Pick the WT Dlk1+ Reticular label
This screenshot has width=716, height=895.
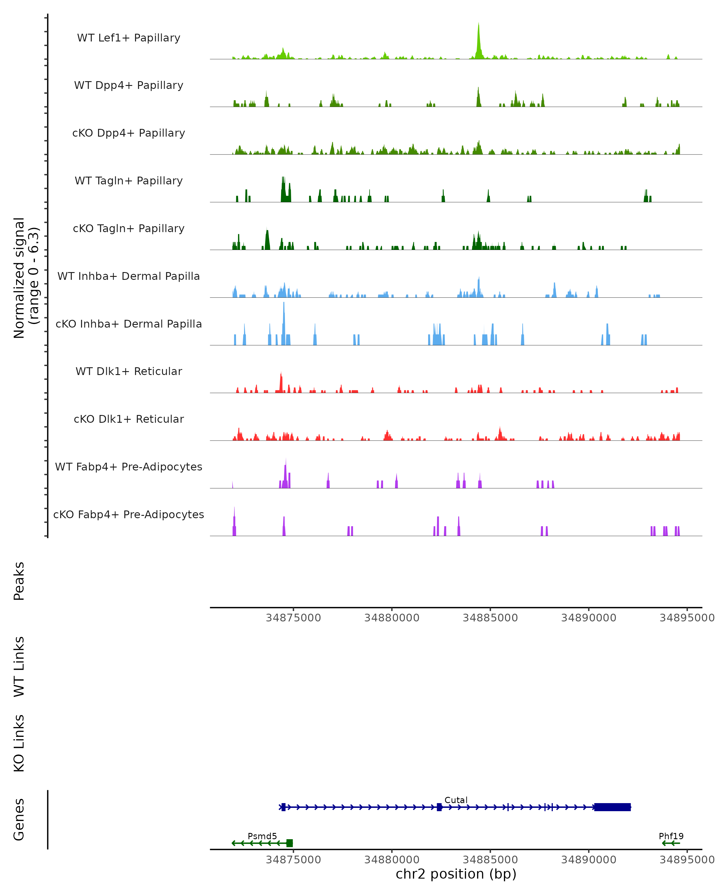point(129,371)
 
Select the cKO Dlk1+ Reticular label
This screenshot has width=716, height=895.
point(129,419)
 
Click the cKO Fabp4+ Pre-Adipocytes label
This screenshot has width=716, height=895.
point(129,515)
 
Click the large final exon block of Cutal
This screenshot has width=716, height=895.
point(612,807)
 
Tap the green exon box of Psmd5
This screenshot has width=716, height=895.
point(290,843)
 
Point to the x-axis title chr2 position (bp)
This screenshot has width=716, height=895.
point(456,874)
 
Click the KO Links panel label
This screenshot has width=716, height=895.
point(19,743)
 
